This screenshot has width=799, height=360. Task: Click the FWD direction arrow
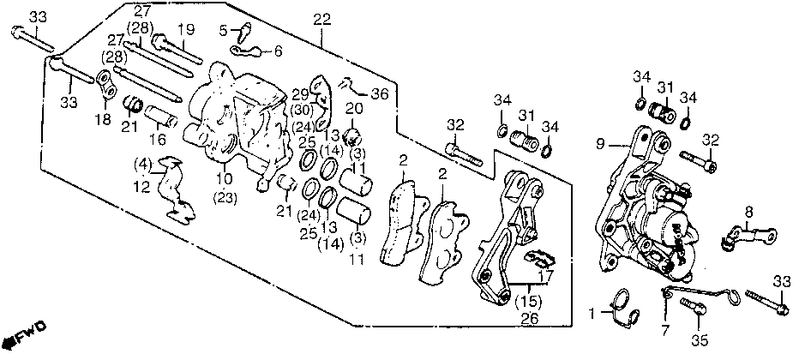25,334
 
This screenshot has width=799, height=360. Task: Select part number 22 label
322,20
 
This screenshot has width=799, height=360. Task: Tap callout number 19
187,29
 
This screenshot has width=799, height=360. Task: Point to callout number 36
379,93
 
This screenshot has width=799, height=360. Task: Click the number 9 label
600,145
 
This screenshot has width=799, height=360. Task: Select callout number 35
700,340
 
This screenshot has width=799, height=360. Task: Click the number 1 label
592,315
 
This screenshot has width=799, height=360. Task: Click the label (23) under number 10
225,198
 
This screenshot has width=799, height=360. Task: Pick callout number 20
355,108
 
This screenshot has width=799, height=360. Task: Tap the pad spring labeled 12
172,189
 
